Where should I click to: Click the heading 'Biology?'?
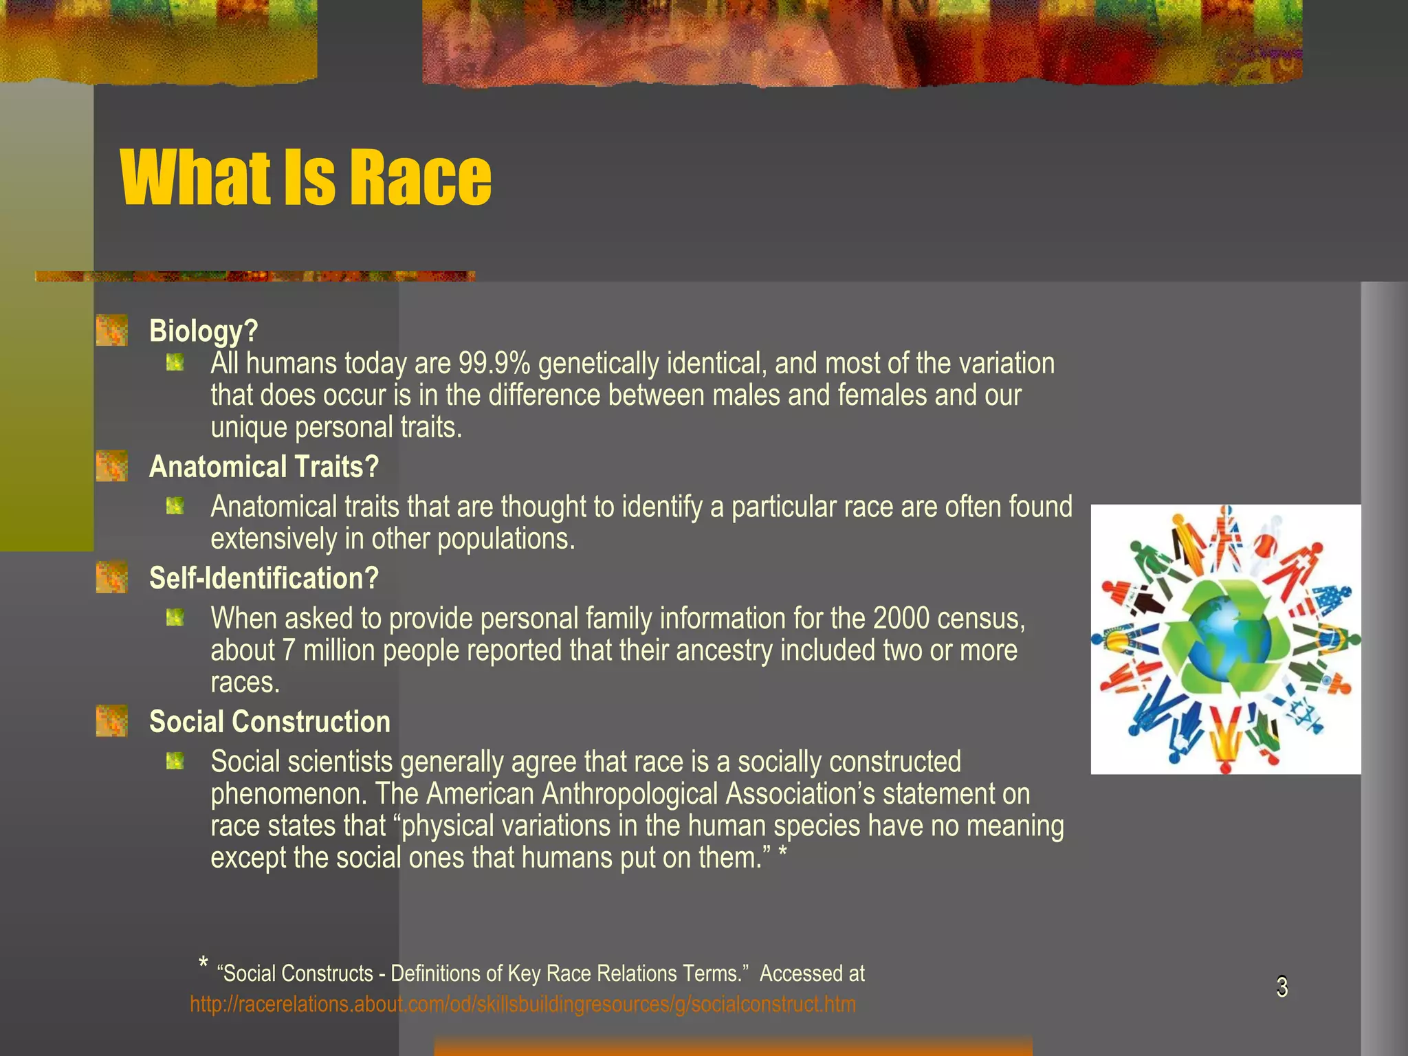pyautogui.click(x=203, y=331)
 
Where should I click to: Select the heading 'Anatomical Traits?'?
pyautogui.click(x=264, y=467)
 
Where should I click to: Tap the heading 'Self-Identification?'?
pyautogui.click(x=264, y=578)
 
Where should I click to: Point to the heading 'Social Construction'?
pyautogui.click(x=269, y=722)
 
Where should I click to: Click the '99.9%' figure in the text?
pyautogui.click(x=494, y=363)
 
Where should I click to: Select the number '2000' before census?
pyautogui.click(x=901, y=619)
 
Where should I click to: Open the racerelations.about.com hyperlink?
pyautogui.click(x=522, y=1004)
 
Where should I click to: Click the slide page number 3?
pyautogui.click(x=1282, y=987)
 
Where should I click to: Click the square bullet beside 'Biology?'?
pyautogui.click(x=112, y=331)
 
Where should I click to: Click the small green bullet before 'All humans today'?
pyautogui.click(x=175, y=362)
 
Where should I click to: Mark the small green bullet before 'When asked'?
pyautogui.click(x=175, y=618)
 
